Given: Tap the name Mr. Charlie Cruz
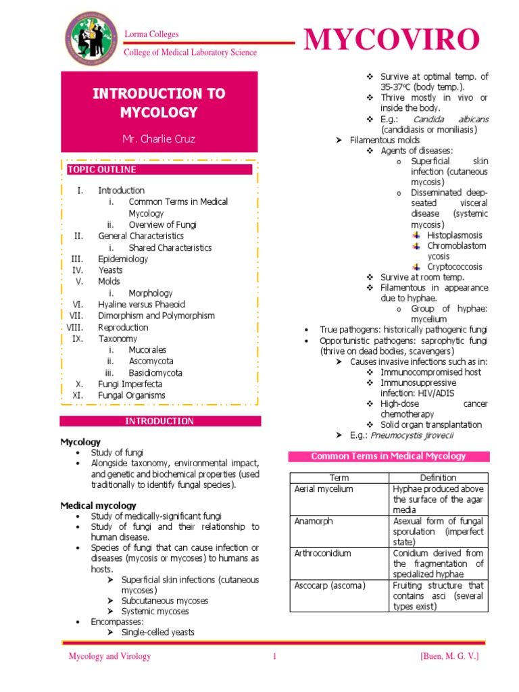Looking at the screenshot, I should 159,139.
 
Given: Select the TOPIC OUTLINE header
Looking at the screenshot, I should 101,170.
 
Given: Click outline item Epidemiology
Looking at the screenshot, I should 123,259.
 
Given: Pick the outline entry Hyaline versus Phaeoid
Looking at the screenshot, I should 141,304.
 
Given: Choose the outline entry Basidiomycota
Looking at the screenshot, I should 155,372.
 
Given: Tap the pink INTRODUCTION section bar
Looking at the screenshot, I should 159,421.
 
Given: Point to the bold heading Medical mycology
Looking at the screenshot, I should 98,505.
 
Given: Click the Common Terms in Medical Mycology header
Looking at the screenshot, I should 389,456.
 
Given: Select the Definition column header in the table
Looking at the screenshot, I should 439,478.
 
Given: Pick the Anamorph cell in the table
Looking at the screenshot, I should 314,521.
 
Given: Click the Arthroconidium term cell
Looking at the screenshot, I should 322,553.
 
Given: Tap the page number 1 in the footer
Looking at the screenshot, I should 275,656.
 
